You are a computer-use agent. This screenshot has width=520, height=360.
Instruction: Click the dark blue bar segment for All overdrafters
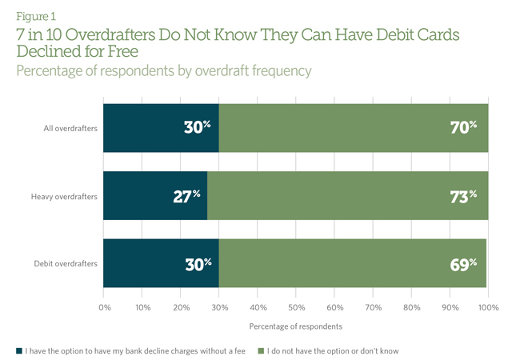pos(161,127)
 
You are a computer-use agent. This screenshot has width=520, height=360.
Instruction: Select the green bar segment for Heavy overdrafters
pos(348,195)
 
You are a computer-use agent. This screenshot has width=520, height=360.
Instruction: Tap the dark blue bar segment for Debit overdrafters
pos(161,263)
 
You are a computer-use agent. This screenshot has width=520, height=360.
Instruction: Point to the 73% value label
pos(463,196)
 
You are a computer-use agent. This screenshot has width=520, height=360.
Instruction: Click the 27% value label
pos(186,196)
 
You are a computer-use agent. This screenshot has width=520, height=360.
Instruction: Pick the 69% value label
pos(462,264)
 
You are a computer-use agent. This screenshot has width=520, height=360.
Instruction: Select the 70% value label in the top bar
pos(463,127)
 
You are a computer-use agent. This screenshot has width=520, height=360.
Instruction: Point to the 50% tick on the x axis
pos(296,306)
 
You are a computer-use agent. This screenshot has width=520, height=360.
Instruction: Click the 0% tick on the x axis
pos(104,306)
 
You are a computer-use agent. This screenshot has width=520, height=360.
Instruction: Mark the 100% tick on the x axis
pos(488,306)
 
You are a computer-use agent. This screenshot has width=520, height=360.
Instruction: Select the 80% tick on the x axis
pos(411,306)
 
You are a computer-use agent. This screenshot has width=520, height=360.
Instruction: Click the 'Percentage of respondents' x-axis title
pos(295,326)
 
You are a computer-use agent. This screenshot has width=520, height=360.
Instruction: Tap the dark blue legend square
pos(19,350)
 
